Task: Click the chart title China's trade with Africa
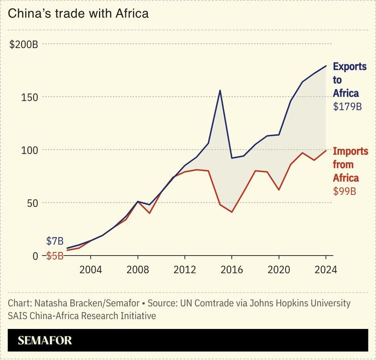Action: coord(78,14)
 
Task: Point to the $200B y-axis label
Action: coord(24,44)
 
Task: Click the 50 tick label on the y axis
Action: coord(32,203)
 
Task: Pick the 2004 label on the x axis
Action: coord(90,269)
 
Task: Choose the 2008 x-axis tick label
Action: coord(137,269)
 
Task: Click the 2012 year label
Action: coord(184,269)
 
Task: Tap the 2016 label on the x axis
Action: coord(232,269)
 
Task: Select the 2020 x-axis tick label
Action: coord(278,269)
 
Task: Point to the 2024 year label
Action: coord(325,269)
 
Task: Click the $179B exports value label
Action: coord(347,107)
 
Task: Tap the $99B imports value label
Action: coord(343,191)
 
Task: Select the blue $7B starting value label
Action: coord(55,241)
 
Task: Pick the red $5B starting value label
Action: coord(55,256)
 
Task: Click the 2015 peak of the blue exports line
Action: coord(220,91)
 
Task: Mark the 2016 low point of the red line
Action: coord(232,212)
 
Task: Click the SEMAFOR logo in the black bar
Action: coord(45,341)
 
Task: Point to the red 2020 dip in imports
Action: coord(278,190)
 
